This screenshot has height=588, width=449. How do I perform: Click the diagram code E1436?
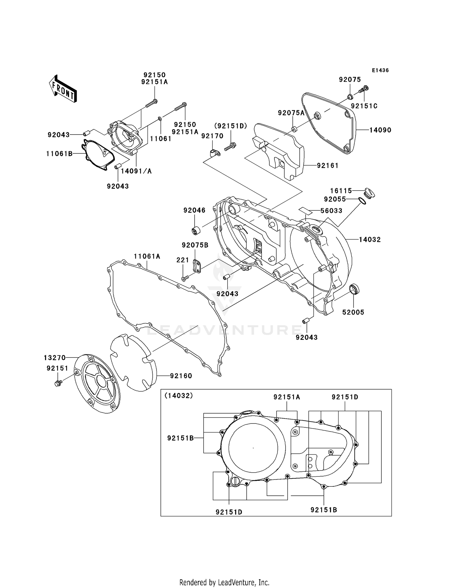tap(380, 70)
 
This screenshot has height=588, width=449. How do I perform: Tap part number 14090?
tap(380, 130)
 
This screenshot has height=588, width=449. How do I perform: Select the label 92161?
tap(327, 165)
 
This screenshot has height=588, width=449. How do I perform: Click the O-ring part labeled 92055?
tap(362, 201)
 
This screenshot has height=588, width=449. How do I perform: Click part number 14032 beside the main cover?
tap(370, 239)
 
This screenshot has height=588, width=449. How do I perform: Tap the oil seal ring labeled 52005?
tap(355, 290)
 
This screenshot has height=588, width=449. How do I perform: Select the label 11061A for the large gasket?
tap(147, 256)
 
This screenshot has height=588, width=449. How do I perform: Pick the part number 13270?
tap(54, 358)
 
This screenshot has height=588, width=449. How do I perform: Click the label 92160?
tap(181, 376)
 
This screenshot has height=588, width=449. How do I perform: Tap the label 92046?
tap(194, 210)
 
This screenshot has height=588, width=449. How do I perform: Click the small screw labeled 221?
tap(184, 279)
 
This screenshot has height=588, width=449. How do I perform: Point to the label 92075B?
tap(195, 245)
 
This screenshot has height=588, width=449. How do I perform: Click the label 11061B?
tap(59, 154)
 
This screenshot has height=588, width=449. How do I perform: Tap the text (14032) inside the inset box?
tap(179, 396)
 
